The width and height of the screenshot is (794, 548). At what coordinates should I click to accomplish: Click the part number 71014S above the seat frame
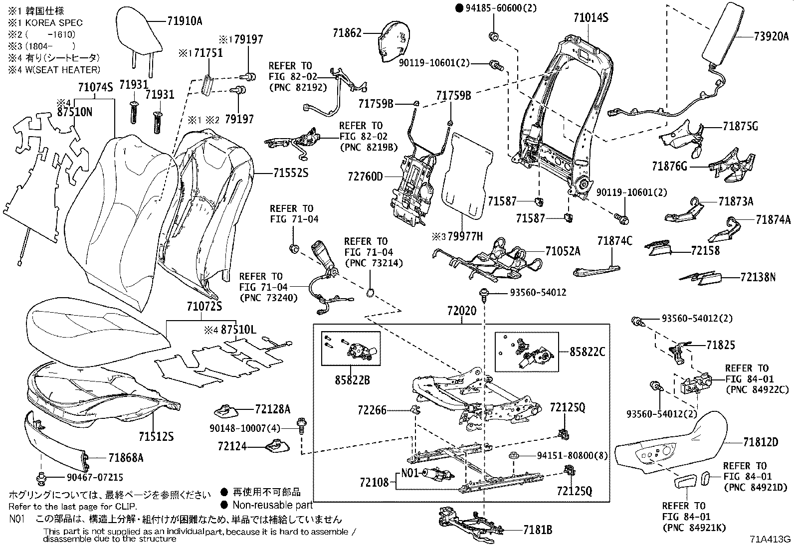coord(591,18)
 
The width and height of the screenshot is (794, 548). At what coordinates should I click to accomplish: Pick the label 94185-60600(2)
coord(495,7)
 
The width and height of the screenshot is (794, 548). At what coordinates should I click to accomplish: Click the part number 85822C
coord(587,352)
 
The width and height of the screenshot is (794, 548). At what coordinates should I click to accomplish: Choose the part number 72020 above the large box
coord(461,311)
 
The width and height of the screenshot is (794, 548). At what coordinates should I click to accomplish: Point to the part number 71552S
coord(291,173)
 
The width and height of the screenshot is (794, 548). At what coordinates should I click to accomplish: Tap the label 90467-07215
coord(95,477)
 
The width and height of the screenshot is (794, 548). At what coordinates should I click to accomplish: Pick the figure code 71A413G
coord(770,539)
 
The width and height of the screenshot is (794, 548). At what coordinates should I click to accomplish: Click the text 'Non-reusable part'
coord(272,505)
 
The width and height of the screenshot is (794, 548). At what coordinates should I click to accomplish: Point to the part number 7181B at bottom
coord(538,530)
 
